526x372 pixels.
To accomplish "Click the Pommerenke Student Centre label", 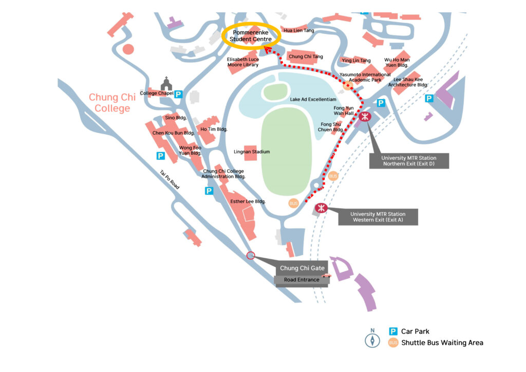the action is click(x=251, y=36).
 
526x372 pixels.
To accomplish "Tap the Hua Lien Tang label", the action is click(x=299, y=30).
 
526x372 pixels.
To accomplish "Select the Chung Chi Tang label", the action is click(x=306, y=57).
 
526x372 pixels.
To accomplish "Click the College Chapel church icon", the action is click(x=166, y=83).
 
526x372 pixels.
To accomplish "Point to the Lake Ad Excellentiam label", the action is click(x=313, y=99).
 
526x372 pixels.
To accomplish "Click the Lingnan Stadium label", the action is click(x=252, y=152).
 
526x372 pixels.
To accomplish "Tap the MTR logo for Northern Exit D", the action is click(x=365, y=117).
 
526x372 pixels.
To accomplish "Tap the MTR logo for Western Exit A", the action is click(x=321, y=208).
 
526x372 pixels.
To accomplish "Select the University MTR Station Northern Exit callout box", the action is click(x=409, y=161).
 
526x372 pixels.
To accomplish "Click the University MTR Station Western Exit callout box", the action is click(x=378, y=217).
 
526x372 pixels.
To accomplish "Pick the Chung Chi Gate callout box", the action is click(x=302, y=268).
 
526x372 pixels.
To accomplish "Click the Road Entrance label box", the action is click(x=302, y=280).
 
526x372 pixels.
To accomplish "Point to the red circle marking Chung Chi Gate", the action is click(x=251, y=255).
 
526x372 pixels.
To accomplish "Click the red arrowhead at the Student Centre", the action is click(x=267, y=50).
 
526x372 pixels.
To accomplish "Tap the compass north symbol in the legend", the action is click(x=372, y=338).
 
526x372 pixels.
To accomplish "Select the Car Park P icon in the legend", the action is click(x=393, y=331).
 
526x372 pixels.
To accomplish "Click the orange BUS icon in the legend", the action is click(x=393, y=343).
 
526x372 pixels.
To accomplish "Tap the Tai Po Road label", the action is click(x=170, y=180).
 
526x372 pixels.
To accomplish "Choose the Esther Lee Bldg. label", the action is click(x=248, y=201).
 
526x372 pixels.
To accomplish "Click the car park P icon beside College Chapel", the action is click(x=178, y=94).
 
